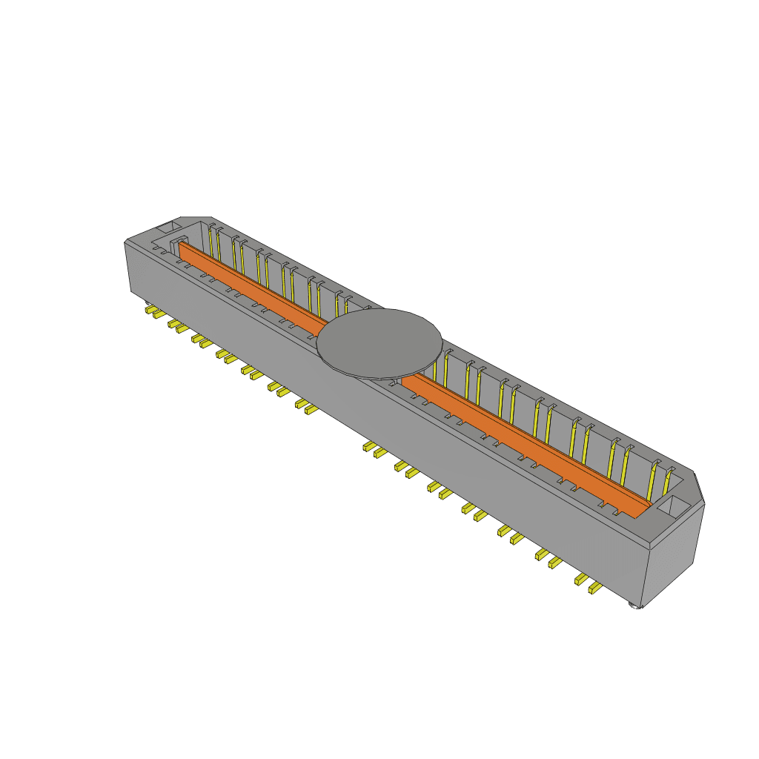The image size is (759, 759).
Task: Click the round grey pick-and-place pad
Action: point(379,342)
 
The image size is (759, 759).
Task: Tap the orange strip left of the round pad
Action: point(252,286)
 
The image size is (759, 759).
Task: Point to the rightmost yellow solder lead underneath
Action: point(594,589)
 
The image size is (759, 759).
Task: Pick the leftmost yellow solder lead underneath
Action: point(149,308)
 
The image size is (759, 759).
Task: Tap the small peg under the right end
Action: point(634,606)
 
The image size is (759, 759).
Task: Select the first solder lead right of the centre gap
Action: point(367,446)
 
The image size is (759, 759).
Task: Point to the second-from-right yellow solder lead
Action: point(580,580)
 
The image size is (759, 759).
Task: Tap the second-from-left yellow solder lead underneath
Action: point(158,314)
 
